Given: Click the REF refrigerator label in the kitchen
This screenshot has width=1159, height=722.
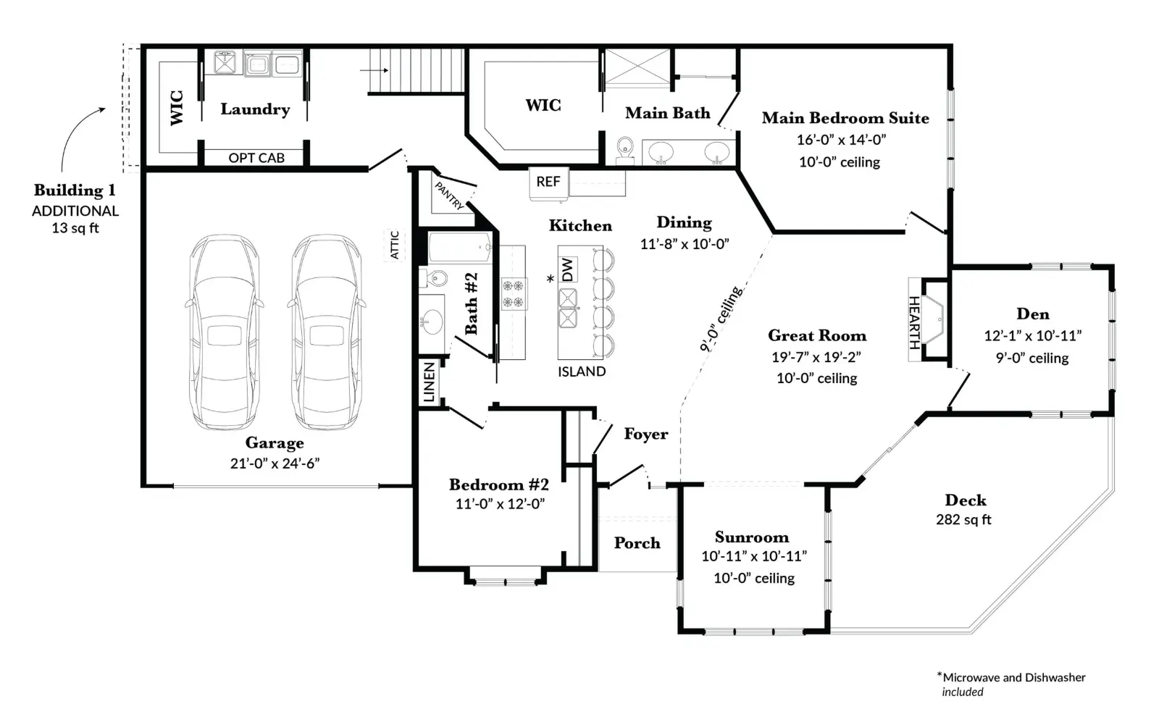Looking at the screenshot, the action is tap(548, 182).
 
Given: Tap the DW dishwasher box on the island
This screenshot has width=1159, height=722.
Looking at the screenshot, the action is tap(568, 269).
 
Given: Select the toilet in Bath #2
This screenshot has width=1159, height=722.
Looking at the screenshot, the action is tap(433, 278).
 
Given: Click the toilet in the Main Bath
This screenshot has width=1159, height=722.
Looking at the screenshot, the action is tap(625, 150).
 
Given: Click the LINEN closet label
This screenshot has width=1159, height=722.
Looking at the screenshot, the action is tap(430, 382).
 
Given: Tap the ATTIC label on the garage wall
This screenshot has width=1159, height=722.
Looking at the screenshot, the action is tap(394, 245).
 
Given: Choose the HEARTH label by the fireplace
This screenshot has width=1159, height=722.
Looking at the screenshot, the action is tap(914, 322).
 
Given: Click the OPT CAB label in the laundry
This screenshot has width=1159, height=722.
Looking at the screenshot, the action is tap(256, 158).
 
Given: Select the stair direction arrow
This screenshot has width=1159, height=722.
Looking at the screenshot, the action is tap(374, 70).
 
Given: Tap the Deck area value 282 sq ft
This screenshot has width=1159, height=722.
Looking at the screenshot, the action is tap(963, 519).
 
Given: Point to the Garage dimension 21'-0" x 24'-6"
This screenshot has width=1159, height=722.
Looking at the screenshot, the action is tap(275, 463).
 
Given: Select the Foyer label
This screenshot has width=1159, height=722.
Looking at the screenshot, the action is tap(645, 433).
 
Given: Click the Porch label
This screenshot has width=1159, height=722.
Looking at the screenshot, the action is tap(637, 542).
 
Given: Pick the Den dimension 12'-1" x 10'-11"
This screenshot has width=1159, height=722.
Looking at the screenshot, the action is tap(1033, 336).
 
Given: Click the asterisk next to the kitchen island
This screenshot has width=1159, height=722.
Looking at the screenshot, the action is tap(551, 279).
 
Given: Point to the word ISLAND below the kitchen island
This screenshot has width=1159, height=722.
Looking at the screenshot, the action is tap(582, 372).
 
